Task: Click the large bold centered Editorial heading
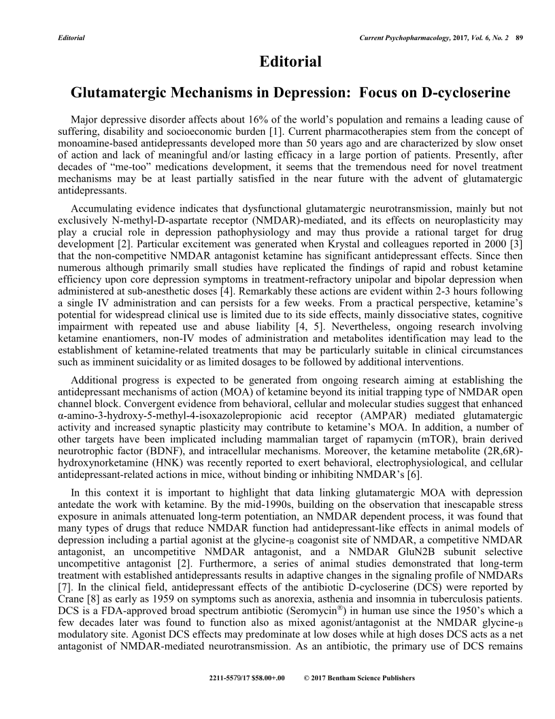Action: pyautogui.click(x=290, y=62)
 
